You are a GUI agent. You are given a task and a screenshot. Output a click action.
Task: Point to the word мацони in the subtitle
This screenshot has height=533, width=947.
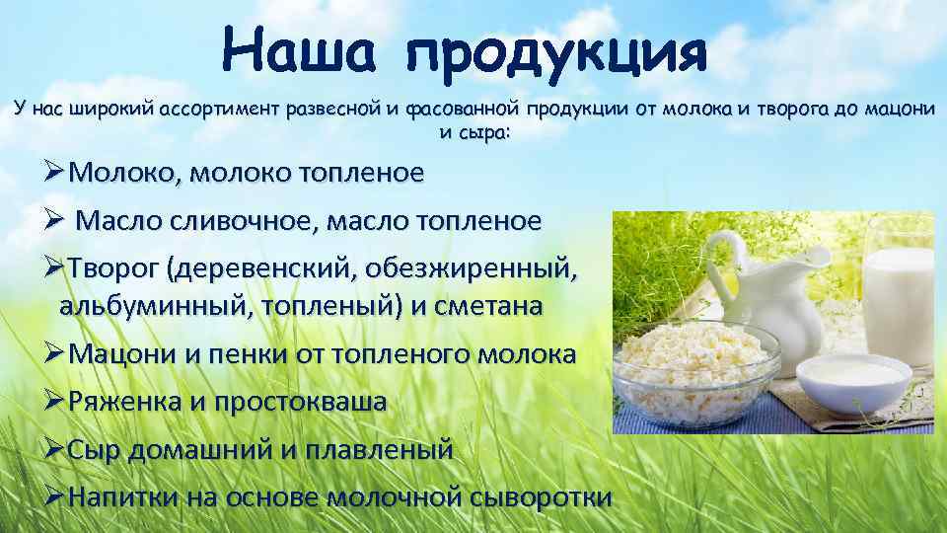coord(899,109)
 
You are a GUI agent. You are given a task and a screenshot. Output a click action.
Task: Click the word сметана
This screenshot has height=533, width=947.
coord(488,306)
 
